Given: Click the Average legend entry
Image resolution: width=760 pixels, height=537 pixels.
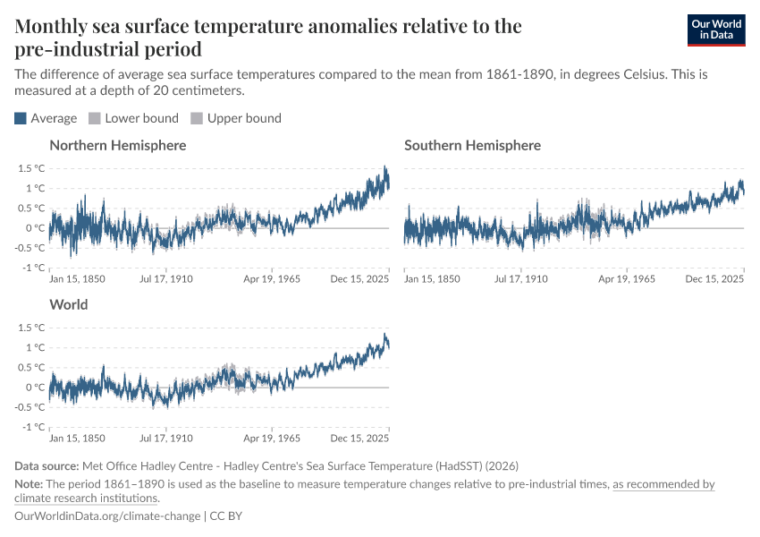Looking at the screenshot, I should (x=46, y=118).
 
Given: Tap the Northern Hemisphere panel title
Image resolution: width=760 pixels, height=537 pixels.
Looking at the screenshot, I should (x=118, y=145).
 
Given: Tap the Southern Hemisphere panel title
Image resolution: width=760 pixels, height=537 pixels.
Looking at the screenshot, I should (x=472, y=145).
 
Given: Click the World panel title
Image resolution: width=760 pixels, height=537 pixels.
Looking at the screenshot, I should (x=69, y=304).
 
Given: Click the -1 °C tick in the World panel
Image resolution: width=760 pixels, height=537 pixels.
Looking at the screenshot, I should (x=33, y=427).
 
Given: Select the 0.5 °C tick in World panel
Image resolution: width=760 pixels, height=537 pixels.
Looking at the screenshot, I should (x=30, y=368).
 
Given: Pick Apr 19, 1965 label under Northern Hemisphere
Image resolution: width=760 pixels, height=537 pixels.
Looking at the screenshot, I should (x=271, y=279).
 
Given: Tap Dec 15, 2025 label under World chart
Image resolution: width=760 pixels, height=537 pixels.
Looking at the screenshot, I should (x=360, y=439).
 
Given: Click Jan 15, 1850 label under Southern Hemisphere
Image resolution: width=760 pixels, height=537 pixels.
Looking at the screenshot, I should (x=433, y=279).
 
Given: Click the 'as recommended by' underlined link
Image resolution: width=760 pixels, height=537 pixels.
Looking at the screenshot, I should (x=663, y=484).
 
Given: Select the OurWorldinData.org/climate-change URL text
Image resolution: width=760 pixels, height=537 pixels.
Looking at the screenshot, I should (x=108, y=516).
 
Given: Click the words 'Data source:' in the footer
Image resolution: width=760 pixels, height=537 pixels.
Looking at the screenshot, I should (x=46, y=466).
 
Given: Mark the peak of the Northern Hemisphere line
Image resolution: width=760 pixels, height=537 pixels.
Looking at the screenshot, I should (x=384, y=166).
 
